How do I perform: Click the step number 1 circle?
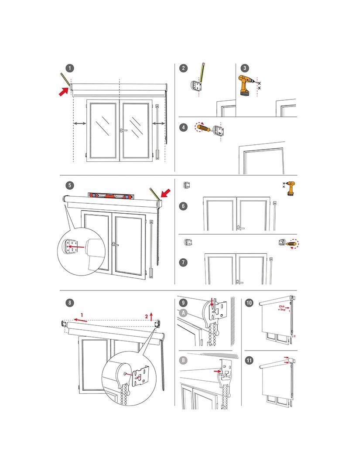70,68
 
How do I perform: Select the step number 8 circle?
70,303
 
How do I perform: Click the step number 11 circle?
249,360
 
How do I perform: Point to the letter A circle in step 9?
184,312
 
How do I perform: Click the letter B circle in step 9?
184,361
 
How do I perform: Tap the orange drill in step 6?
290,188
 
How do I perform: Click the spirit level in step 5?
109,195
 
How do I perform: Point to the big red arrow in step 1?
63,91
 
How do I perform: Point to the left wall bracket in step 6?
188,185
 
